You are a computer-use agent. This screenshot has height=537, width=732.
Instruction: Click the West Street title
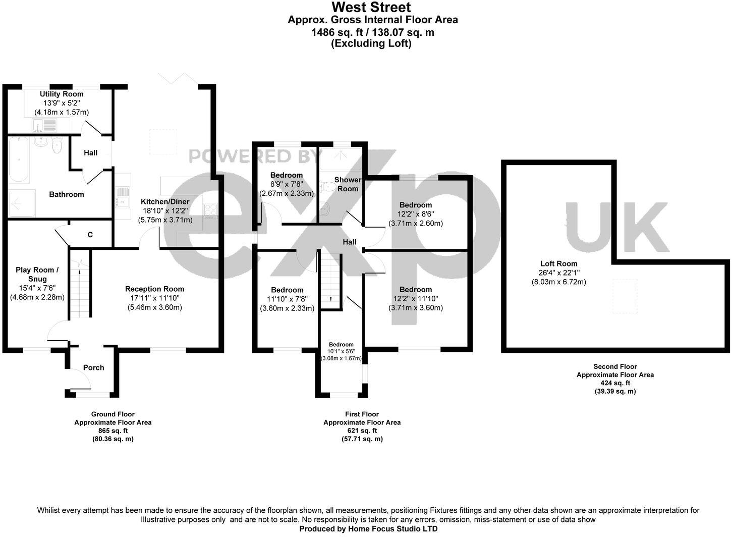(371, 8)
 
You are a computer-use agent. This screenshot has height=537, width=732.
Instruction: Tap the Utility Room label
(62, 94)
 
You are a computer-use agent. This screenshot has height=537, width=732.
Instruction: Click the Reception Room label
(154, 289)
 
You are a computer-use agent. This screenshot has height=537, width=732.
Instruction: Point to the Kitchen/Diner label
(165, 201)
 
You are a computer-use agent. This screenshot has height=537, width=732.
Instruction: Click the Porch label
(93, 367)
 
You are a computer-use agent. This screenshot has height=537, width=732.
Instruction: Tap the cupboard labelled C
(90, 235)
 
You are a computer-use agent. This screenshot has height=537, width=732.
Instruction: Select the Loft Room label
(558, 263)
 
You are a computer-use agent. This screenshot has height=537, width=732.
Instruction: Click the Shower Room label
(348, 184)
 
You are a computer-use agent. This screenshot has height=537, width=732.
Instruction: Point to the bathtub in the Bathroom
(19, 159)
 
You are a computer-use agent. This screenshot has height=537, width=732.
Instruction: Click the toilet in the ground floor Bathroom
(57, 146)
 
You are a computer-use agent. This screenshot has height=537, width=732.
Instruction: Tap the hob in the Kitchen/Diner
(210, 209)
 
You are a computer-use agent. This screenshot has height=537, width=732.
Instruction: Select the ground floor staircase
(79, 293)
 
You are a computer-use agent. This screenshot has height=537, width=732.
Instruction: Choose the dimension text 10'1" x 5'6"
(341, 351)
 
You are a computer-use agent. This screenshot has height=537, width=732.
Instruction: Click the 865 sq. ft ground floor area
(112, 431)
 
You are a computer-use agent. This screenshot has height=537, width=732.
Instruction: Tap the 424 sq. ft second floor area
(615, 383)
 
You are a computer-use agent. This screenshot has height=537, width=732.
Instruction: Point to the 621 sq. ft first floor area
(362, 431)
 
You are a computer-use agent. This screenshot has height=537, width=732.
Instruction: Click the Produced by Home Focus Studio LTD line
(368, 529)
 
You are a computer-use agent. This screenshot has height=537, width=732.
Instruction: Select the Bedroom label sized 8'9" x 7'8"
(286, 175)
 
